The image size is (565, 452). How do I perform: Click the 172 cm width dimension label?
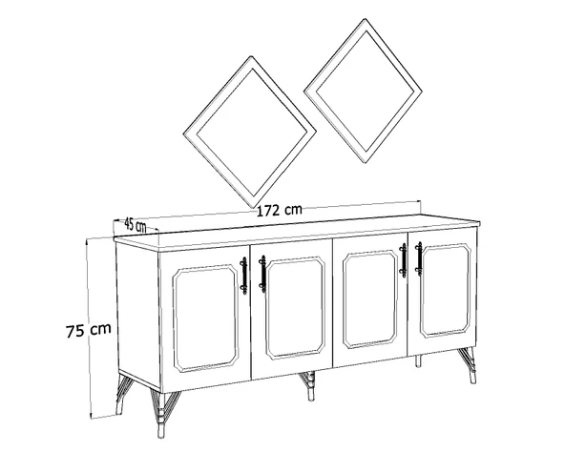[x=280, y=210]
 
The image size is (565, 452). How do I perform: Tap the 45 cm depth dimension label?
[x=136, y=225]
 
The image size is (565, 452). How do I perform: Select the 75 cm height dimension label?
[x=89, y=330]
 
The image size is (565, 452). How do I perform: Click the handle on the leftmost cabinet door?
[x=244, y=276]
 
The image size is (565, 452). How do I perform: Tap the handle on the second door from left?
[x=262, y=274]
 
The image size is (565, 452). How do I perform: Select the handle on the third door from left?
[x=403, y=260]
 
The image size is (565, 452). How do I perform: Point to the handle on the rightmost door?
[x=419, y=258]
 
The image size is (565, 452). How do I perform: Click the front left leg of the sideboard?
[x=164, y=414]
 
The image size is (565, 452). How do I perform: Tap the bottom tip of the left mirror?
[x=255, y=208]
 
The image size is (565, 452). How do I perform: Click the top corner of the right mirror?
[x=365, y=19]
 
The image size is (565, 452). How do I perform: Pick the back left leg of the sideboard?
[x=122, y=395]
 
